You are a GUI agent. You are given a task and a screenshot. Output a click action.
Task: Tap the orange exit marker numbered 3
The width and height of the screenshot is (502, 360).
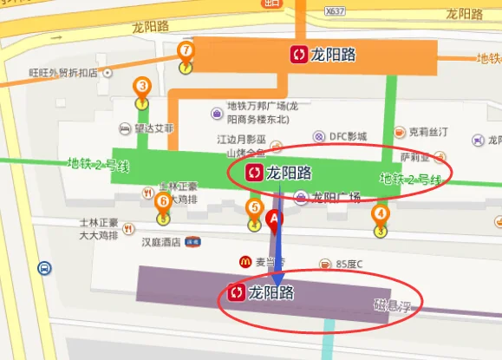(142, 87)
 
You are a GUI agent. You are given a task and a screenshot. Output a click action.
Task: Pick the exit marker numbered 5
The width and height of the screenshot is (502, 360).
(254, 209)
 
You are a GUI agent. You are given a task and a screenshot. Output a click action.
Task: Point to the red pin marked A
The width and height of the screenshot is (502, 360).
(276, 222)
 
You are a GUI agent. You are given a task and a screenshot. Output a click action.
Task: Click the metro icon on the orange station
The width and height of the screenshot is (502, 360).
(297, 56)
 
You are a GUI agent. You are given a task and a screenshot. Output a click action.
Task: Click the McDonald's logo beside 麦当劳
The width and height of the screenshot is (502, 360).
(245, 261)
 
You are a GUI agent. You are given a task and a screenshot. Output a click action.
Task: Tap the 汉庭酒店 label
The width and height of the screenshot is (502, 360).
(163, 243)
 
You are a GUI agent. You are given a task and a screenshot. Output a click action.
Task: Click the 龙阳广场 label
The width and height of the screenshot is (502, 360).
(336, 197)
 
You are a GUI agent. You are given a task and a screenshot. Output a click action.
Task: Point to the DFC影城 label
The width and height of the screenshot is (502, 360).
(349, 136)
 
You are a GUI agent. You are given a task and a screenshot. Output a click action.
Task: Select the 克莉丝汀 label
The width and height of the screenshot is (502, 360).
(427, 132)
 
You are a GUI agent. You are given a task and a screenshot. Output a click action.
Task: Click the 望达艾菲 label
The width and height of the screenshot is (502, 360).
(153, 128)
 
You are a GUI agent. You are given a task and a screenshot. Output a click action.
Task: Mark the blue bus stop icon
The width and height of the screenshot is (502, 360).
(43, 269)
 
